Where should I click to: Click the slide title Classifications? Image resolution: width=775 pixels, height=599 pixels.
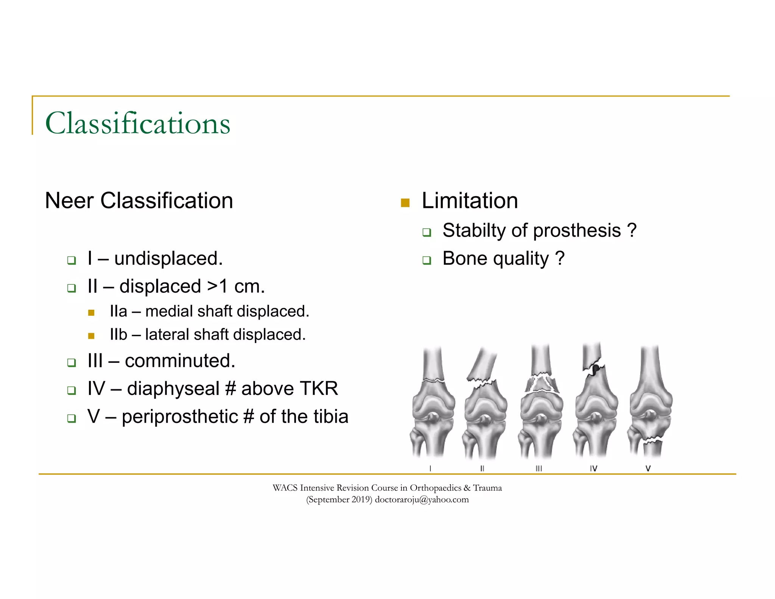coord(137,123)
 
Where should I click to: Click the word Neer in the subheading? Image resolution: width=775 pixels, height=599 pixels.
coord(69,201)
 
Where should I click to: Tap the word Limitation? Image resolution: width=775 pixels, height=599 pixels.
coord(470,201)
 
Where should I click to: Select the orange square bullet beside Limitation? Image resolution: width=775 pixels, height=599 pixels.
coord(405,203)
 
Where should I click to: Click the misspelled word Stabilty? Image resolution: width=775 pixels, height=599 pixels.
coord(473,231)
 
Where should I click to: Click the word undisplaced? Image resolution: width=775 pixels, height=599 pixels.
coord(168,259)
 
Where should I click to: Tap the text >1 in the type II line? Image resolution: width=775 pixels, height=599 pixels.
coord(218,286)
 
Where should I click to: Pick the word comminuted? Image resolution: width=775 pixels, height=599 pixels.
coord(180,361)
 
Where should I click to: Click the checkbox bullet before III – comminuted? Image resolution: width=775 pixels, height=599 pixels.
coord(72,363)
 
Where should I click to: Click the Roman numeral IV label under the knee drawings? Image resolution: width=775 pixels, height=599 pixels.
coord(593,468)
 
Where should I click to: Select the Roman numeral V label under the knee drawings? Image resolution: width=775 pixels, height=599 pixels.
coord(648,468)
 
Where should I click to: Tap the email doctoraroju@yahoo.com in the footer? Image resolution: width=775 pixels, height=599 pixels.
coord(422,500)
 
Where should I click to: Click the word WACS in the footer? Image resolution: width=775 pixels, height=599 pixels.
coord(285,488)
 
